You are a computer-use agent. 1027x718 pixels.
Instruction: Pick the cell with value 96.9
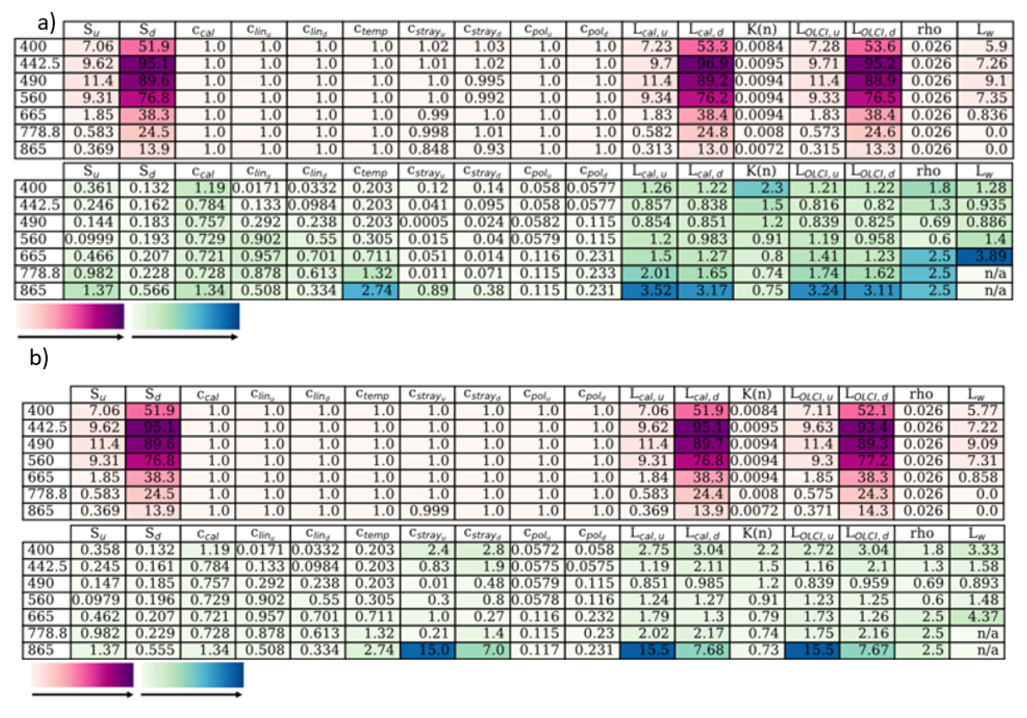pyautogui.click(x=705, y=64)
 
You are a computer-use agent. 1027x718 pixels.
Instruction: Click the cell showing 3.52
pyautogui.click(x=649, y=290)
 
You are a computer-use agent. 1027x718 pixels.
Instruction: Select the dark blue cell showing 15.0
pyautogui.click(x=427, y=650)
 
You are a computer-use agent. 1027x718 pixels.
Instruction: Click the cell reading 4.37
pyautogui.click(x=977, y=617)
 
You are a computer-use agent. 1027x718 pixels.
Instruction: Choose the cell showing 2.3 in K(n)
pyautogui.click(x=761, y=188)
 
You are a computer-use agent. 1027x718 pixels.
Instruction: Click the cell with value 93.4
pyautogui.click(x=866, y=427)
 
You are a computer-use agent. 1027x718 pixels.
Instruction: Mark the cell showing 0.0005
pyautogui.click(x=427, y=222)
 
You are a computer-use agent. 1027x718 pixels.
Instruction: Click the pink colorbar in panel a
pyautogui.click(x=70, y=316)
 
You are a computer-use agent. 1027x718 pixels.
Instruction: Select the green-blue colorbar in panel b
pyautogui.click(x=192, y=674)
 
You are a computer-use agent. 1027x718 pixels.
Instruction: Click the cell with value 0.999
pyautogui.click(x=427, y=510)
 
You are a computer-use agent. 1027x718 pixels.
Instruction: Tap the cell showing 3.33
pyautogui.click(x=977, y=550)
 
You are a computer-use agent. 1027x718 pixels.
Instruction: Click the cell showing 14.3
pyautogui.click(x=866, y=510)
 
